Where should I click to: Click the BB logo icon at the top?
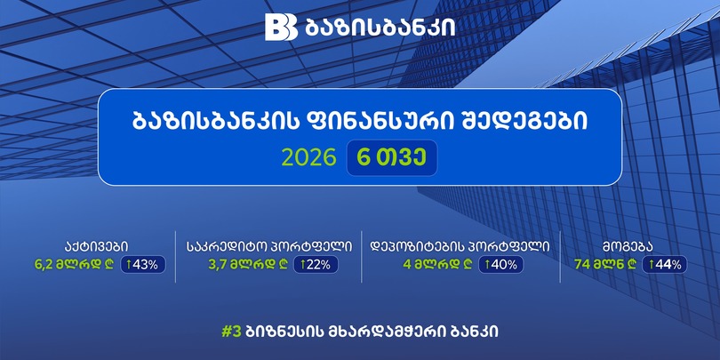(x=281, y=27)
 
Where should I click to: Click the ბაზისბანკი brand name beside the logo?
(x=380, y=28)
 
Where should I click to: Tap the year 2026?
(x=309, y=158)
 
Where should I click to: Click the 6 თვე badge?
(x=392, y=158)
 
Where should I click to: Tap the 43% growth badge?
(x=143, y=265)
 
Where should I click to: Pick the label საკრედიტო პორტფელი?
(x=269, y=247)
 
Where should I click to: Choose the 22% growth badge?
(x=316, y=265)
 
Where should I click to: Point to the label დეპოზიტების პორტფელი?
(x=460, y=247)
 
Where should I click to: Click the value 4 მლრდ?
(x=437, y=265)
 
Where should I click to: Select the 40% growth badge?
(x=500, y=265)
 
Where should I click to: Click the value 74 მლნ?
(x=605, y=265)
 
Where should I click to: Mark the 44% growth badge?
(x=664, y=265)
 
